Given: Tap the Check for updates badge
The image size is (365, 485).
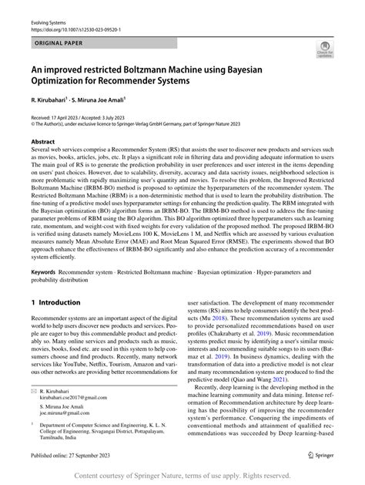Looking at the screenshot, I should click(323, 51).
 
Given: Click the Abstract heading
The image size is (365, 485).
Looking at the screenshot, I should click(42, 142).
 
